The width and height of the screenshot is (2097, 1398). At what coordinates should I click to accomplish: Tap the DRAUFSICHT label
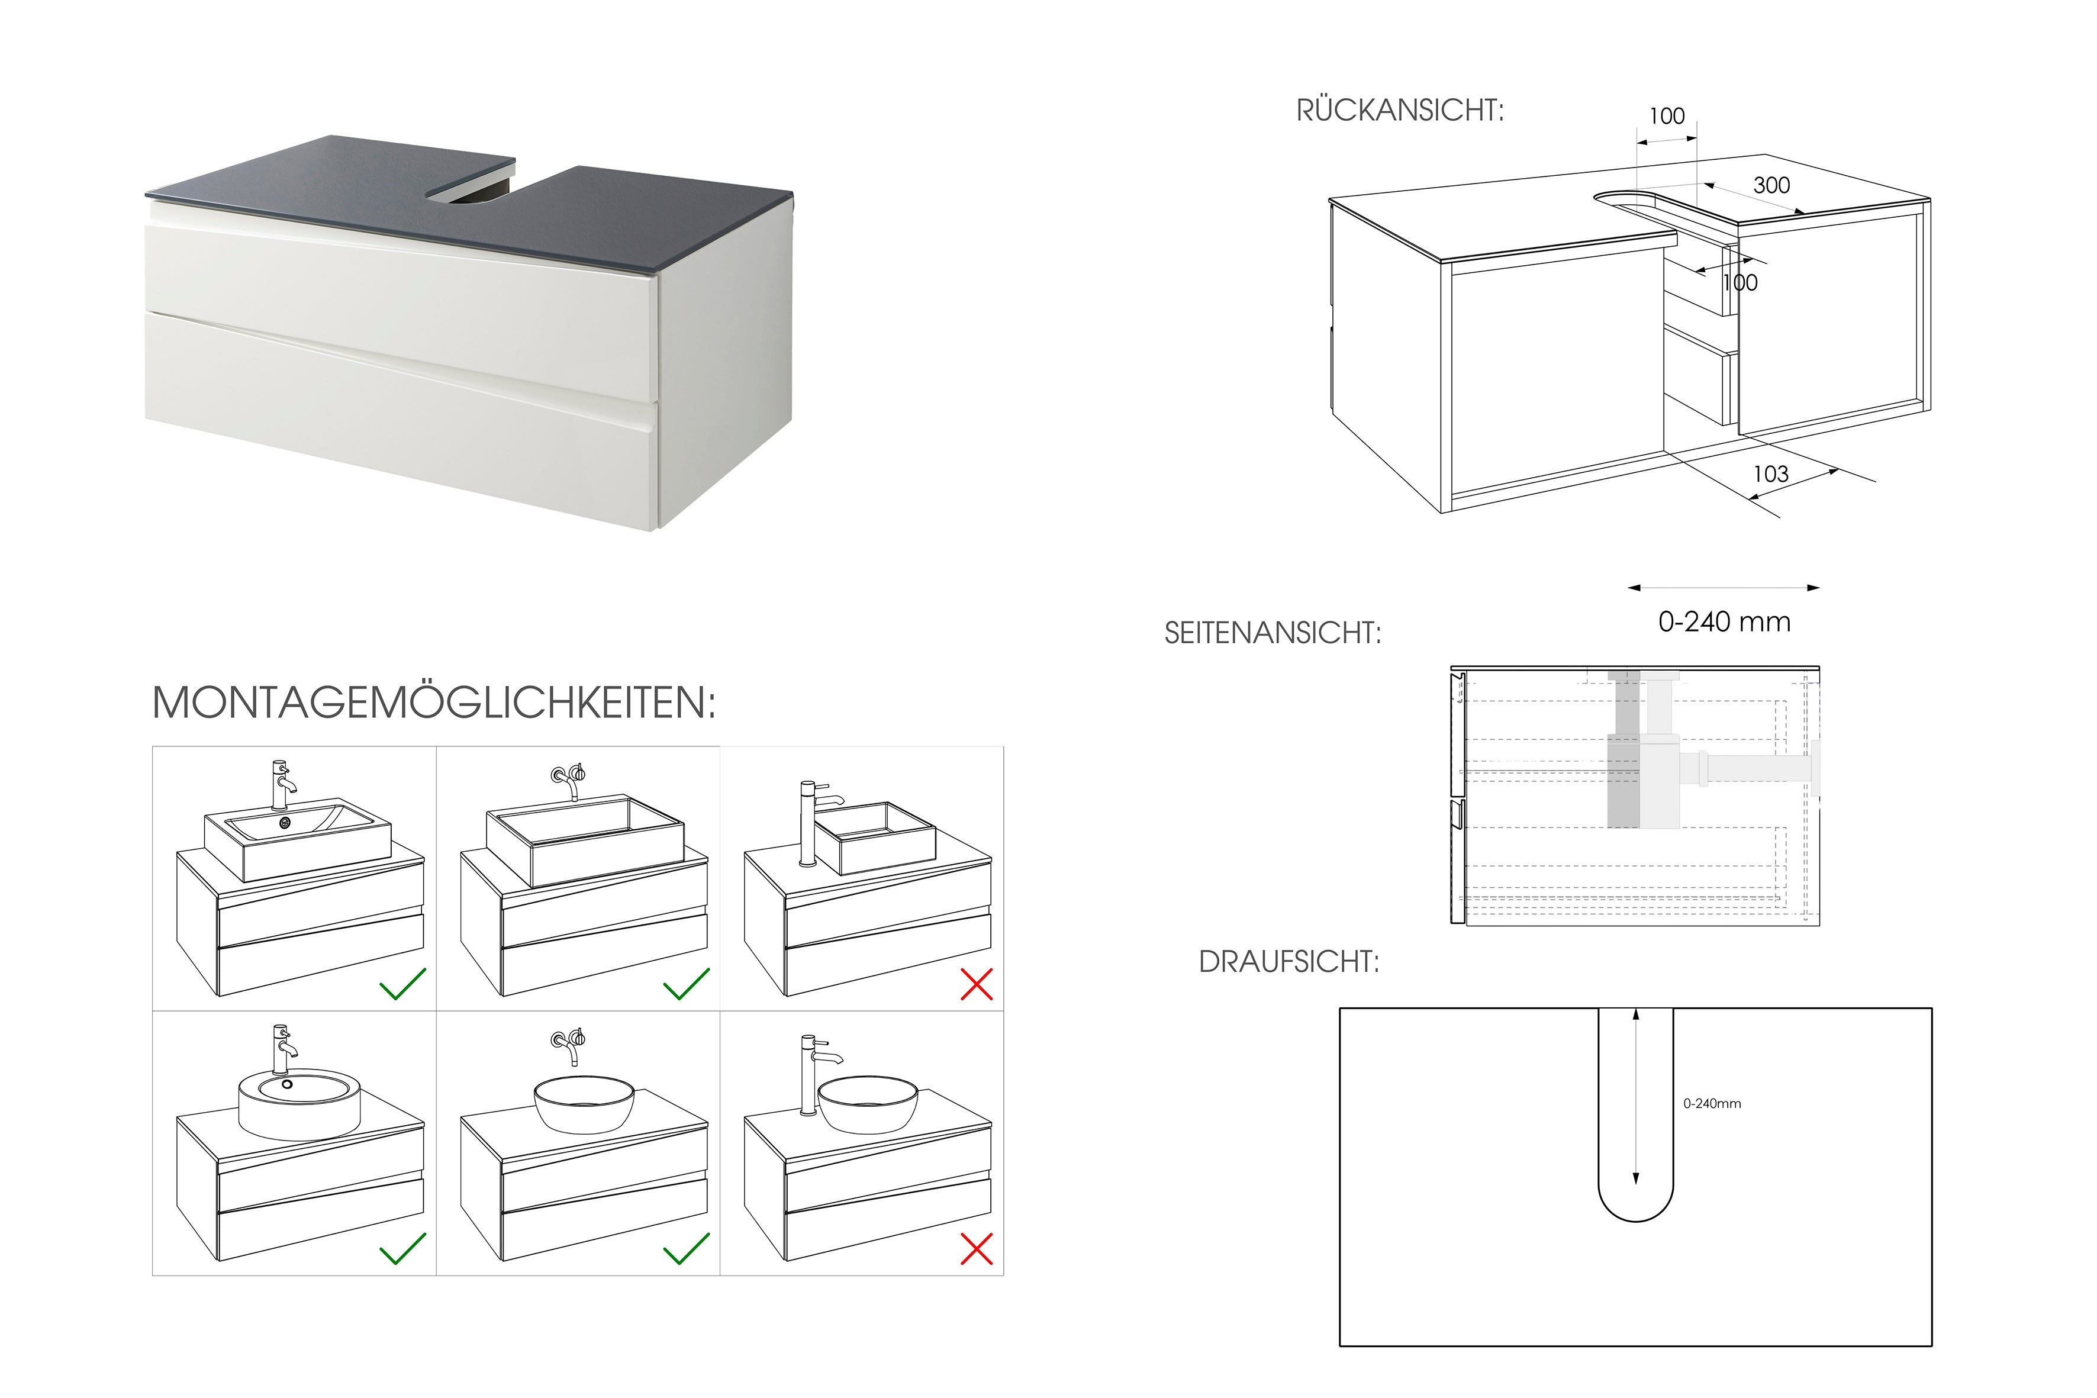click(1289, 962)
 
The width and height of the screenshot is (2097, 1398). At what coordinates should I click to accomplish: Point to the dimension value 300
click(1771, 185)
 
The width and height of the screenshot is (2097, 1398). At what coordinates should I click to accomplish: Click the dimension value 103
click(1771, 474)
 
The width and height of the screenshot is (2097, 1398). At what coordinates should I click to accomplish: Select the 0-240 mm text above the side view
click(1724, 621)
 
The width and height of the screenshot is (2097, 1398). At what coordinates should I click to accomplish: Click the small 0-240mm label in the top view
click(1712, 1104)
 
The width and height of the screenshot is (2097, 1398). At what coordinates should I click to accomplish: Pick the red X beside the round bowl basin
click(976, 1249)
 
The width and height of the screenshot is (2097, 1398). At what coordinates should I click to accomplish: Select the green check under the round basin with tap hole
click(403, 1248)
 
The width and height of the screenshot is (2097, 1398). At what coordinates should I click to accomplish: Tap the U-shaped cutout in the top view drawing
click(1635, 1114)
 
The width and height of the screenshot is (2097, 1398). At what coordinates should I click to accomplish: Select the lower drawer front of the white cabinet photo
click(401, 419)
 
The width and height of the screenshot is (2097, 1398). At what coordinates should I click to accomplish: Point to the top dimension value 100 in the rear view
click(1666, 116)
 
